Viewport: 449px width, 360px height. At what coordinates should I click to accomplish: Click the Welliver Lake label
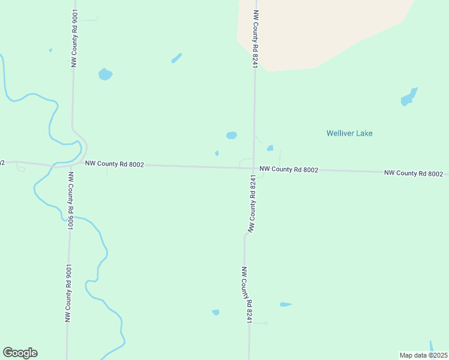point(349,133)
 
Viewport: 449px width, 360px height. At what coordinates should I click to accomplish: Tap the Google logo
point(20,353)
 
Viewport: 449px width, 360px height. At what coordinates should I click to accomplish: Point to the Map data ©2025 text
point(424,355)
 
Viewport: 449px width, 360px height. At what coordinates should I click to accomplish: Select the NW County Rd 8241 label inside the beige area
point(256,38)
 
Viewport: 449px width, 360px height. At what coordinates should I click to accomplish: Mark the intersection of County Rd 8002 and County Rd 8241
point(255,169)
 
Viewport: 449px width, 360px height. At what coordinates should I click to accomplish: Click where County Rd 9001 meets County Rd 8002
point(73,164)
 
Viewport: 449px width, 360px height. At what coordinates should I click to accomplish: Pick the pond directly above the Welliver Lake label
point(409,97)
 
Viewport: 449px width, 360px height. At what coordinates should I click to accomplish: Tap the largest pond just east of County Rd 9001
point(105,74)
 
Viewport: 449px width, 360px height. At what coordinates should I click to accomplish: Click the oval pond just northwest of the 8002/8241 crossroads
point(231,135)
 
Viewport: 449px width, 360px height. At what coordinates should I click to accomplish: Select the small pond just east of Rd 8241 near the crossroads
point(270,148)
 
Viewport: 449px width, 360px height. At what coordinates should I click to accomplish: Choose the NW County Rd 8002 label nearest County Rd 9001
point(114,164)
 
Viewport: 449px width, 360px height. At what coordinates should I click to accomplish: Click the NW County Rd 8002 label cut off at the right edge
point(414,173)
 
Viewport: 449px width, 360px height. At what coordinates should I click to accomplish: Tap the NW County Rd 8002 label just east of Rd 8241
point(289,170)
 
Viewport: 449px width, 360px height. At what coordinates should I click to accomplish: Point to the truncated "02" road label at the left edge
point(2,163)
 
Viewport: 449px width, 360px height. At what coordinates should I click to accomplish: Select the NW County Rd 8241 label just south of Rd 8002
point(253,204)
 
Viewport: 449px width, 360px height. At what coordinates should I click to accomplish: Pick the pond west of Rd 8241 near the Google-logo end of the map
point(215,312)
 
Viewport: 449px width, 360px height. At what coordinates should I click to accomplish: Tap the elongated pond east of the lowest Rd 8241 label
point(285,304)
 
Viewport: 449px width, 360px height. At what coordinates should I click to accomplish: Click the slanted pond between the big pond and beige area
point(176,58)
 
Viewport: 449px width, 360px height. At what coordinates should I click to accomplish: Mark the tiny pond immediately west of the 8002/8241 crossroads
point(217,153)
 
